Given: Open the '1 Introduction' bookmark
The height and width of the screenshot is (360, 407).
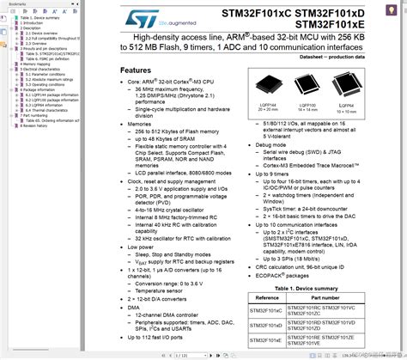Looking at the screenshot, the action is click(x=32, y=22).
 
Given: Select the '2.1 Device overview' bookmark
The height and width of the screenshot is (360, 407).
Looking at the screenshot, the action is click(x=42, y=34).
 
